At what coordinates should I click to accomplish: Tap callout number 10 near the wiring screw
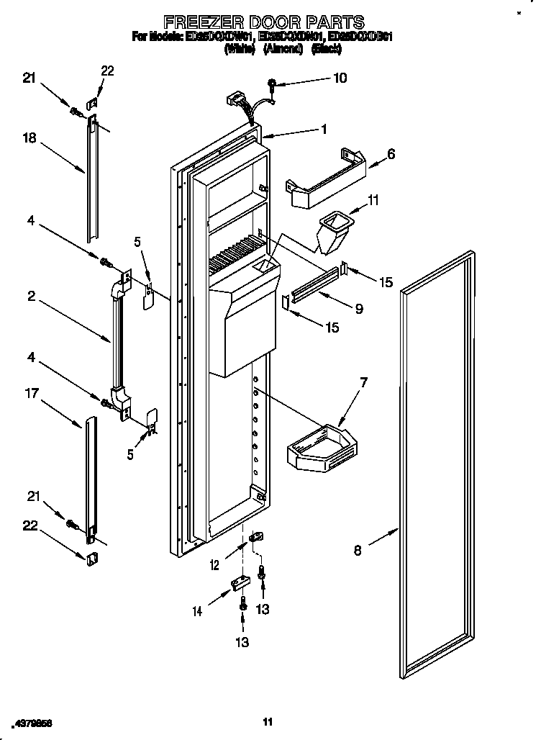pyautogui.click(x=340, y=78)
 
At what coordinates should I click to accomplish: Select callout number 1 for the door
pyautogui.click(x=324, y=130)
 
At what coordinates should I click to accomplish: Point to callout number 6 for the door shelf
pyautogui.click(x=391, y=153)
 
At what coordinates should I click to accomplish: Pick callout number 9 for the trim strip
pyautogui.click(x=358, y=309)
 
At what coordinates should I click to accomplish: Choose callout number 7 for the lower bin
pyautogui.click(x=363, y=382)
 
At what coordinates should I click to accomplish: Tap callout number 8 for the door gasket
pyautogui.click(x=358, y=552)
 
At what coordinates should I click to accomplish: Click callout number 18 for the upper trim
pyautogui.click(x=29, y=140)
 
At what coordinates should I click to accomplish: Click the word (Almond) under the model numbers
pyautogui.click(x=286, y=49)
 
